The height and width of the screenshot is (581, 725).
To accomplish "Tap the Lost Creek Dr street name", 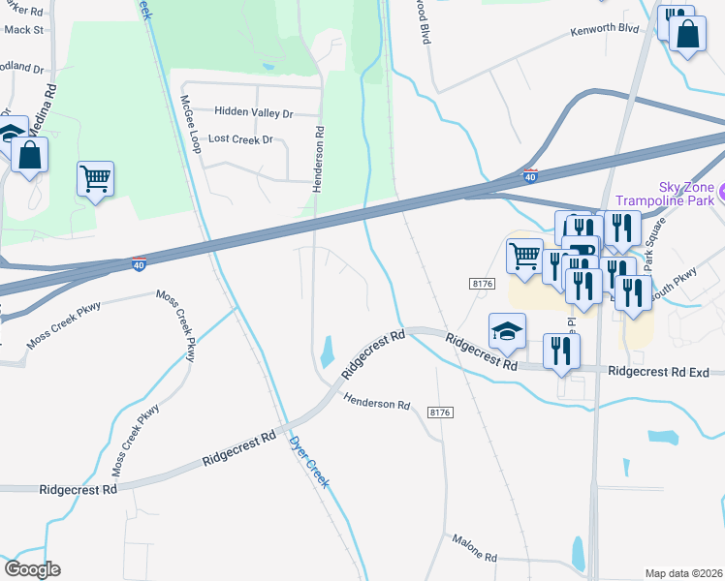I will [241, 139].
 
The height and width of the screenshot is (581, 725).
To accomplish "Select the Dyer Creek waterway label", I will [309, 460].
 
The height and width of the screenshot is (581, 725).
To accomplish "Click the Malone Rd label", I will [474, 558].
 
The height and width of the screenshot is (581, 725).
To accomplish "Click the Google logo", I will [32, 569].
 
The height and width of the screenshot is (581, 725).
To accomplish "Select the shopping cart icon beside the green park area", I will [95, 178].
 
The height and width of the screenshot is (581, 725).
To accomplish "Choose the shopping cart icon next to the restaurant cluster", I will [524, 256].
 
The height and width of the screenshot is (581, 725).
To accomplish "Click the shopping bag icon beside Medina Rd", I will [30, 155].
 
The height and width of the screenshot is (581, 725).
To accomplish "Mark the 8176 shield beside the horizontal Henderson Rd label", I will [440, 413].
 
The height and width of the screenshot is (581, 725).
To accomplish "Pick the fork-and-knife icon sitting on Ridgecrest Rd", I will [561, 352].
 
